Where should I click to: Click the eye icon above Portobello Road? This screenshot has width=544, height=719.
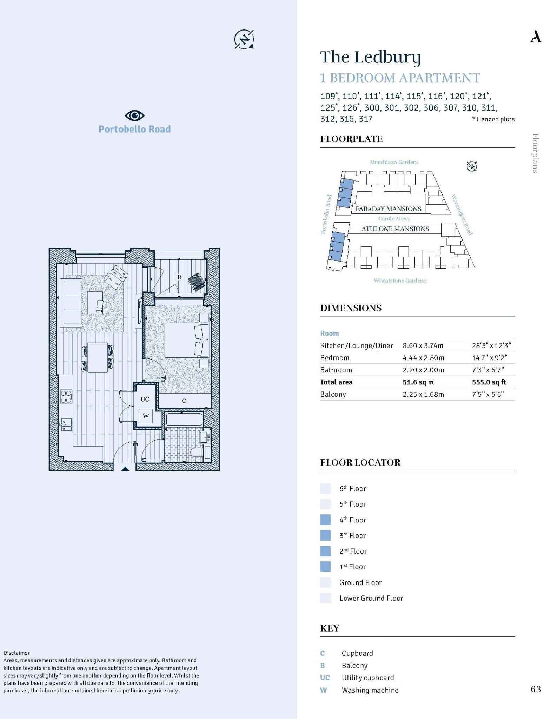click(x=134, y=115)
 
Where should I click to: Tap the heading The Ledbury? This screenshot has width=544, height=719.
click(x=370, y=57)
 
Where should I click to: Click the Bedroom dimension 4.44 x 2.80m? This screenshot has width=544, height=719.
click(x=423, y=358)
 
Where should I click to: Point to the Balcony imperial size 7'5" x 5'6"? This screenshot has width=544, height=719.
click(x=487, y=394)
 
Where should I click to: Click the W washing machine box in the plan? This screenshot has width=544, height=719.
click(x=146, y=416)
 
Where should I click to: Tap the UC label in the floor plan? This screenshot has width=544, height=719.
click(x=145, y=399)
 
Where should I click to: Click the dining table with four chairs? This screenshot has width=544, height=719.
click(x=98, y=357)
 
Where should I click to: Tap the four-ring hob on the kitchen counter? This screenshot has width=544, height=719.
click(x=66, y=396)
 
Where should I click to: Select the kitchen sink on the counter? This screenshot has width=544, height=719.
click(x=66, y=424)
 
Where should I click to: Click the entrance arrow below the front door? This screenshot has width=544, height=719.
click(x=125, y=469)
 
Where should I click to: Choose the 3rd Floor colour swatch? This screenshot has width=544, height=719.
click(x=325, y=535)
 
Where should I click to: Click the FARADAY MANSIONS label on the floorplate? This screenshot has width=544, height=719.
click(x=388, y=209)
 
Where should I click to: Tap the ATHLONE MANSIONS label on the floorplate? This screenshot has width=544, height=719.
click(x=395, y=229)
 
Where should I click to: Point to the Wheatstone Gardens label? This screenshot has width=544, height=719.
click(x=399, y=281)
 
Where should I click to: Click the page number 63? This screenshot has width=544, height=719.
click(x=536, y=689)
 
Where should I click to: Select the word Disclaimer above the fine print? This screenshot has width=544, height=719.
click(x=16, y=653)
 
